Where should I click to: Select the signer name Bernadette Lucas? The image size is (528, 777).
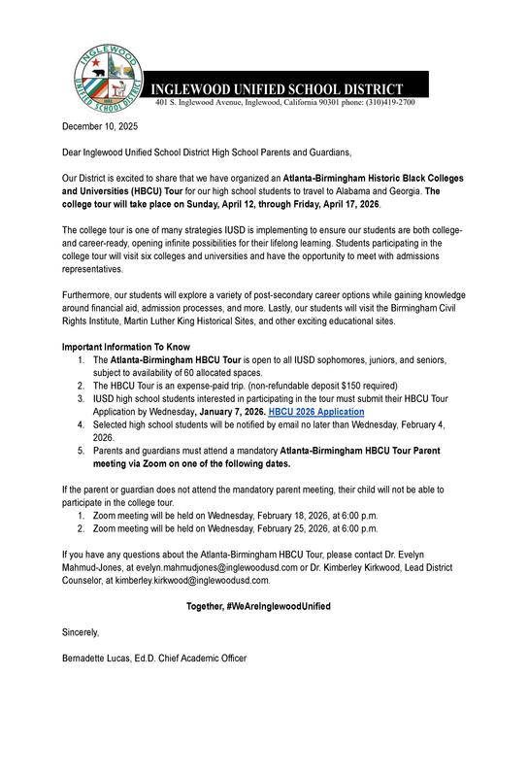click(x=98, y=658)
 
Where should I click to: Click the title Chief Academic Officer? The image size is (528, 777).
click(x=208, y=658)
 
